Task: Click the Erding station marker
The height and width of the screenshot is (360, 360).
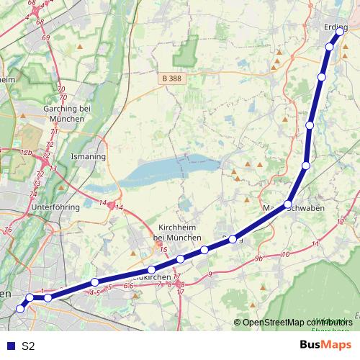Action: [339, 31]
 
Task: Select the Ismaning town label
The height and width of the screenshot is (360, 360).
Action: [88, 156]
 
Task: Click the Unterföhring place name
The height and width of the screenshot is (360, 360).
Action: [55, 207]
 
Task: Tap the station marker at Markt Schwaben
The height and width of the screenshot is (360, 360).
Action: [288, 204]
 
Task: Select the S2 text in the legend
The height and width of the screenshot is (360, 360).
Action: [28, 346]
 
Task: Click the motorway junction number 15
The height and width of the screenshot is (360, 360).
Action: [163, 250]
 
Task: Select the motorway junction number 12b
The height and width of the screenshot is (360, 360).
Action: [27, 153]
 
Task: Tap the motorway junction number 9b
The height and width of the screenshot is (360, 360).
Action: [259, 257]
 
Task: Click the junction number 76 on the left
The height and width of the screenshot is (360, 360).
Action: [8, 230]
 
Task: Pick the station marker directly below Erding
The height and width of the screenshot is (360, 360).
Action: [330, 47]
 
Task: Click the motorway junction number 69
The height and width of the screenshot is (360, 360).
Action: [45, 37]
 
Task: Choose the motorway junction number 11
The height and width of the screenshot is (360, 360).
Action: [315, 246]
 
